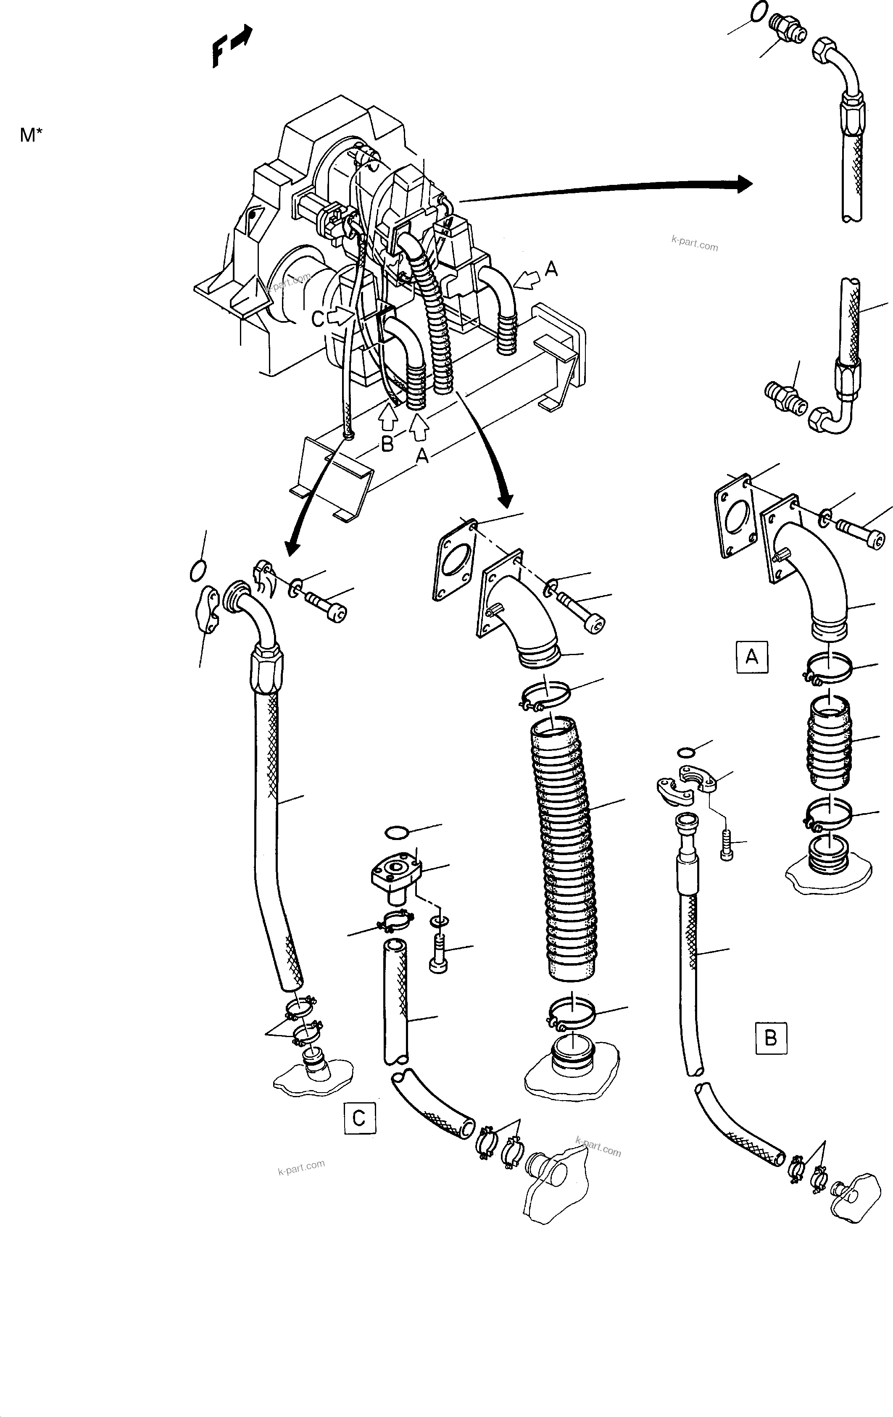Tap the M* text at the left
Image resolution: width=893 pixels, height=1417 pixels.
31,135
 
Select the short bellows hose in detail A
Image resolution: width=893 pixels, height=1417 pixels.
829,743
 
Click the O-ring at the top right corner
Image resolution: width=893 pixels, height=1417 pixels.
759,11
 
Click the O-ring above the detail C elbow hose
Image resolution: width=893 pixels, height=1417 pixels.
199,570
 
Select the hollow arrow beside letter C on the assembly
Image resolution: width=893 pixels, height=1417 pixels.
338,317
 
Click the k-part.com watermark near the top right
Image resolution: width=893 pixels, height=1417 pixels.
695,242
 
